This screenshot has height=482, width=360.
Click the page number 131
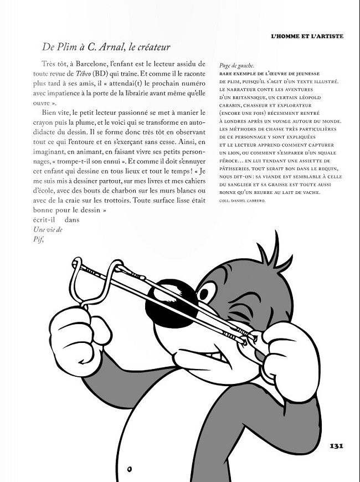click(x=337, y=446)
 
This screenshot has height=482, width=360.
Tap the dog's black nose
click(x=172, y=302)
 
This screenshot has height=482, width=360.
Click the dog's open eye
click(x=208, y=293)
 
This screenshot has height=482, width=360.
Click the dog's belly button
click(x=128, y=460)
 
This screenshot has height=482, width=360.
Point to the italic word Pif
click(x=38, y=240)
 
